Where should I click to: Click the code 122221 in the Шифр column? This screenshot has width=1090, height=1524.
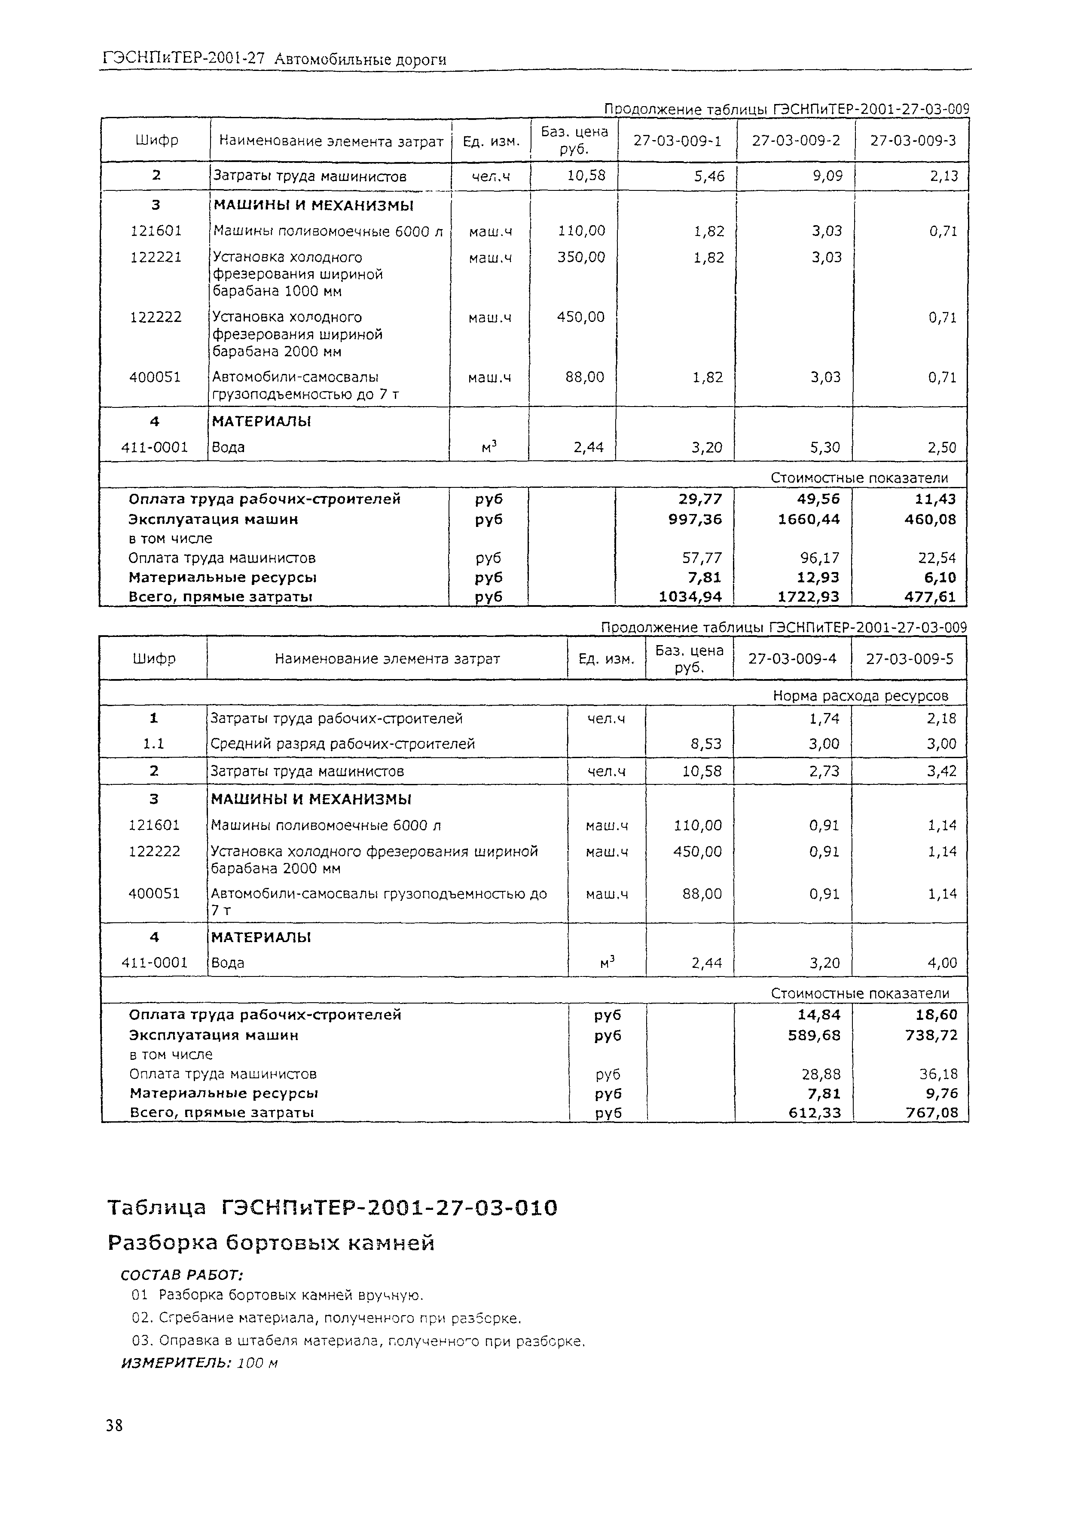(x=156, y=257)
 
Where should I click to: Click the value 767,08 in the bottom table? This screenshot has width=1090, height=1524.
(x=932, y=1112)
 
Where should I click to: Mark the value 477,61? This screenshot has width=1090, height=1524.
(x=929, y=596)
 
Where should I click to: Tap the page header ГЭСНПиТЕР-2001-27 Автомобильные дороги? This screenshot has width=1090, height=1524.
(x=275, y=60)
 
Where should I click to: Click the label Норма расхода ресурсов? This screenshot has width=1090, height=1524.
(x=861, y=695)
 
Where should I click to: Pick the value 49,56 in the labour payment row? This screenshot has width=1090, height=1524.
(x=815, y=499)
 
